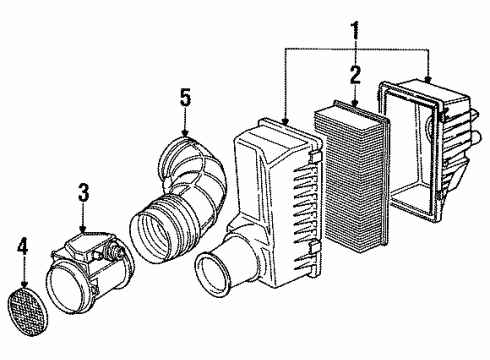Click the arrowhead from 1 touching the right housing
coord(428,80)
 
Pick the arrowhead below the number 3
coord(83,230)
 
